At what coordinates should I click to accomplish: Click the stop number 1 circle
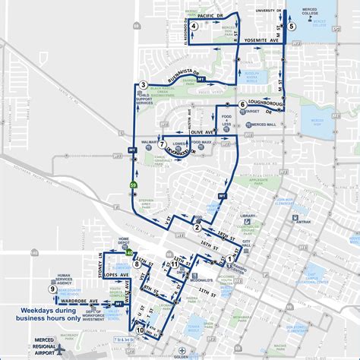(x=229, y=258)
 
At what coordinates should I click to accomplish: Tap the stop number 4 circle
(x=194, y=27)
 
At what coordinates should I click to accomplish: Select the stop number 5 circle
(x=292, y=27)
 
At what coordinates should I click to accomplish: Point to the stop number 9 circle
(x=52, y=289)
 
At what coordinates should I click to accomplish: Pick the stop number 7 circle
(x=162, y=144)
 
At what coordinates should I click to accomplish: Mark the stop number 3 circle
(x=143, y=84)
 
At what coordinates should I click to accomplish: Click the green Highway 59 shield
(x=134, y=185)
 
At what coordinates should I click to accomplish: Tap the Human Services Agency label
(x=63, y=279)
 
